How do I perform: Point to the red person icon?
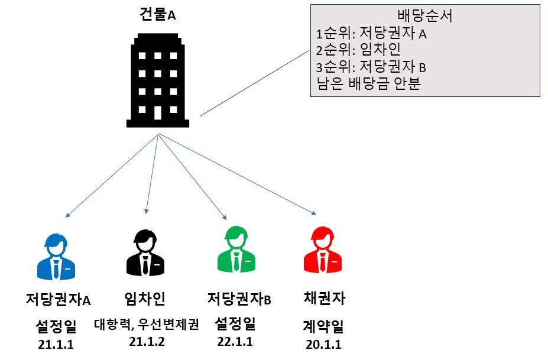[323, 252]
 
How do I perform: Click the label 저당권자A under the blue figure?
[58, 300]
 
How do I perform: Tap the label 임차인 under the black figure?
[145, 299]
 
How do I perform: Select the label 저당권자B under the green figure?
[239, 299]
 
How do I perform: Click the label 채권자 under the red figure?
[323, 299]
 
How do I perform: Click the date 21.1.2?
[145, 341]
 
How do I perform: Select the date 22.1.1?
[235, 341]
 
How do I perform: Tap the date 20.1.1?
[323, 345]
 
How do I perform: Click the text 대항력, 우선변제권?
[146, 325]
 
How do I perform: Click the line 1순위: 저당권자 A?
[371, 33]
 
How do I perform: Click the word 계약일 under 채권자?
[323, 327]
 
